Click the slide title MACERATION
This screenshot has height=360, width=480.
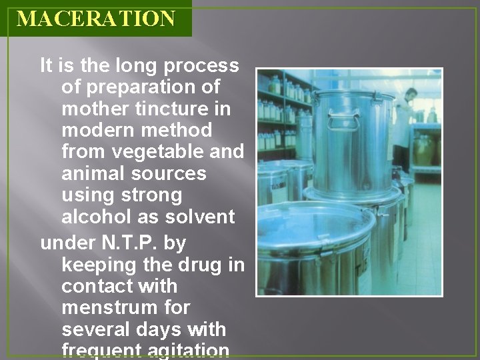[96, 18]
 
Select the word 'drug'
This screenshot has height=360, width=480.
[201, 265]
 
